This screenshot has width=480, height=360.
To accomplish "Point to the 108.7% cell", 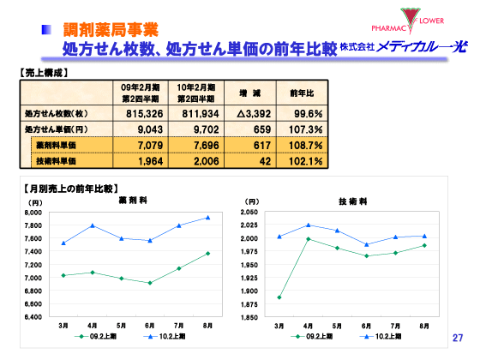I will tap(306, 145).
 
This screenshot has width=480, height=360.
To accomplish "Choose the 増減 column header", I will tap(250, 92).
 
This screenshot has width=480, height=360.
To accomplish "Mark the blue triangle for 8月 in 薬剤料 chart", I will tap(208, 217).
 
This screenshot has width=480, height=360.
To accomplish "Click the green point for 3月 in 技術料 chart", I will tap(279, 297).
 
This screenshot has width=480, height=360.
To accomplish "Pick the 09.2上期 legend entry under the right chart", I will tap(315, 338).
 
